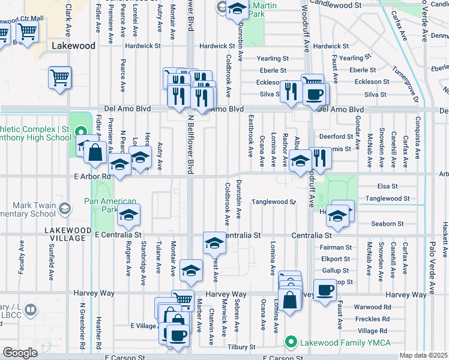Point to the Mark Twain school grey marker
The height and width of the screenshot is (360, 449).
[65, 208]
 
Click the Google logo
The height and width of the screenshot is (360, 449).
[20, 352]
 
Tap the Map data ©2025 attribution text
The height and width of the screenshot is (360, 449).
[423, 355]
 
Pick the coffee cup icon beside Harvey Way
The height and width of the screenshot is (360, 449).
[325, 291]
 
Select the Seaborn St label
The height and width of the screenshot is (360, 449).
[387, 224]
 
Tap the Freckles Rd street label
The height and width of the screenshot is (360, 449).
[372, 319]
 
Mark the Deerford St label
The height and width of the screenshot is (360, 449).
[336, 136]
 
